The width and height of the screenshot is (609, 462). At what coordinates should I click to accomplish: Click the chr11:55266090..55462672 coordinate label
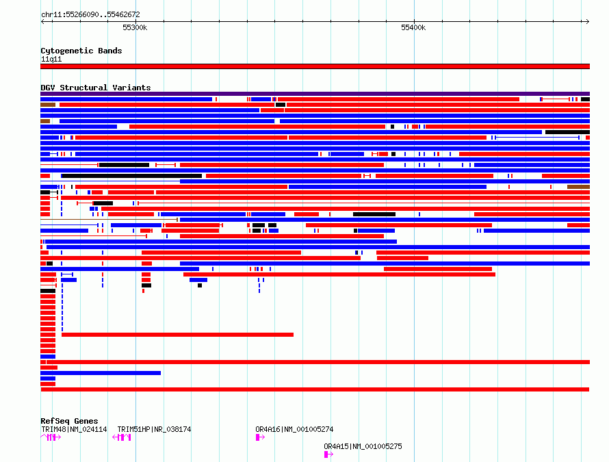coord(90,14)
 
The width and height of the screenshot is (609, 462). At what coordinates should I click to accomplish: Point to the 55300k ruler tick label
coord(135,27)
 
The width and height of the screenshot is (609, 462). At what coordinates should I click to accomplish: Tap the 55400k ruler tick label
coord(413,27)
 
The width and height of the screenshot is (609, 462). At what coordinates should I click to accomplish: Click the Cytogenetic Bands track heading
coord(81,51)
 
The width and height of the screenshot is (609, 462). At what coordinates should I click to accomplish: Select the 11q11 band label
coord(51,59)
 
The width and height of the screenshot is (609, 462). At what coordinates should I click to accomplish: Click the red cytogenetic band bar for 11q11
coord(315,66)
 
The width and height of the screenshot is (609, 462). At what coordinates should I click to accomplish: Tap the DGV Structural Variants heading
coord(96,88)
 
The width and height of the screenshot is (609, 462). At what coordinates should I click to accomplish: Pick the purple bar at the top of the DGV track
coord(315,94)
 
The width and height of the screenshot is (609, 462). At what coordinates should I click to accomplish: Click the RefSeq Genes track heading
coord(69,421)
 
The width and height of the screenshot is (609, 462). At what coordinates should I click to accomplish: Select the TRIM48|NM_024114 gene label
coord(74,429)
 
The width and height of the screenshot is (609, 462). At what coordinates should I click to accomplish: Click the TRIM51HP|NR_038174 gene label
coord(154,429)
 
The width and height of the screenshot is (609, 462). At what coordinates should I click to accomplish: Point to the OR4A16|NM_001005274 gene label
coord(294,429)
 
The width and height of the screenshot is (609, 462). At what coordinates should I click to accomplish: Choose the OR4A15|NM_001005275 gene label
coord(363,446)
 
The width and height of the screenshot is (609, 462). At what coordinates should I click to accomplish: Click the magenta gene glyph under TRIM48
coord(51,437)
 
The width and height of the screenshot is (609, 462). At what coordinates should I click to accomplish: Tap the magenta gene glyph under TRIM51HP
coord(122,437)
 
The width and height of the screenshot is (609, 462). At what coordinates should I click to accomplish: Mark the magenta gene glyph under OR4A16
coord(260,437)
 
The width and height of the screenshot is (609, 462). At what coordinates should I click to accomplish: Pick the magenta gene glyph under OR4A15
coord(328,454)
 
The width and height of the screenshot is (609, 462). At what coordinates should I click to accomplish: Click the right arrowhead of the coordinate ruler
coord(588,21)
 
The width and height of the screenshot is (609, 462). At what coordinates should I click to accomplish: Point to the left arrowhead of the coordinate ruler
coord(42,21)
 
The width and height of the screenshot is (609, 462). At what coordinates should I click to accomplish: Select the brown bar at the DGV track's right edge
coord(578,187)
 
